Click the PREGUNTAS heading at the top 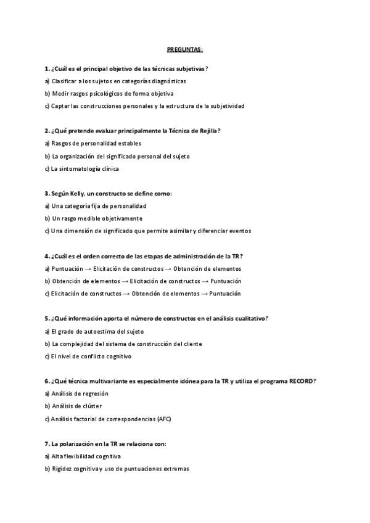click(x=185, y=49)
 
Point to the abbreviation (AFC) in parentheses click(x=164, y=419)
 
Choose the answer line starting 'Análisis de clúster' click(x=77, y=406)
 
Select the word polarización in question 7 click(x=80, y=443)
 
